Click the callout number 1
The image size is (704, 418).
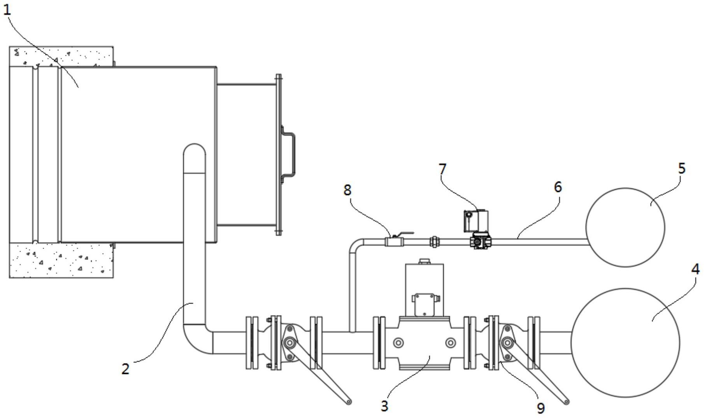[7, 10]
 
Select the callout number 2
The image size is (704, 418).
[125, 369]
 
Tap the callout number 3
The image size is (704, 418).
[384, 406]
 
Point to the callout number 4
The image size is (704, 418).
[695, 269]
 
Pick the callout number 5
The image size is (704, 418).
[681, 168]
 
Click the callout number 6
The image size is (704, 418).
[558, 187]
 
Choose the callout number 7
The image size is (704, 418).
[442, 169]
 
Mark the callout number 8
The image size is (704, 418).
[348, 190]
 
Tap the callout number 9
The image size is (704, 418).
[541, 408]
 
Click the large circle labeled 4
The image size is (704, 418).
[625, 289]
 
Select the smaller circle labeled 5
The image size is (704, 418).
[625, 188]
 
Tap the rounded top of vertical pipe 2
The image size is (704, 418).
[195, 145]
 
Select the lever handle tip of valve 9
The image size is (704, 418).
[567, 401]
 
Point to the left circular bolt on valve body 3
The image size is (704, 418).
[398, 343]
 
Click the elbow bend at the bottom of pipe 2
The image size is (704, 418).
[193, 343]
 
